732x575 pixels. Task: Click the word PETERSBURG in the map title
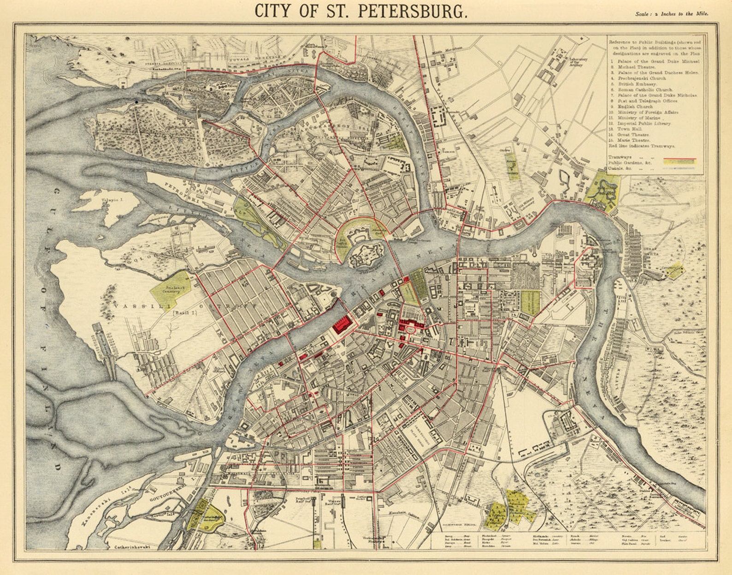tap(412, 11)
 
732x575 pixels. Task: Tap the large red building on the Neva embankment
tap(342, 324)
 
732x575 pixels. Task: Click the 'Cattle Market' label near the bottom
tap(361, 498)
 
